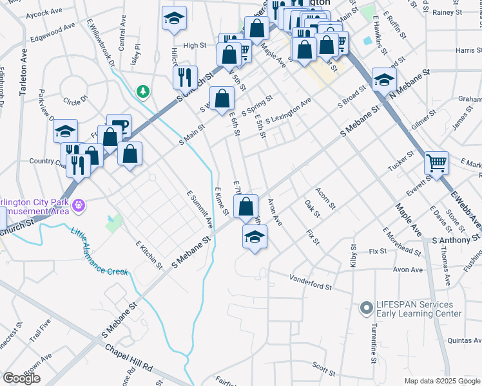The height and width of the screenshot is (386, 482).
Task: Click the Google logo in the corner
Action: pos(22,378)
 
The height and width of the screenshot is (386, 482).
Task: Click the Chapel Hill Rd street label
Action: pos(129,356)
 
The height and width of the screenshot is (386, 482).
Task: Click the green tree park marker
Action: pos(142,92)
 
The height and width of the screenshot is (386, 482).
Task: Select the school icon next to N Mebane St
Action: pos(384,80)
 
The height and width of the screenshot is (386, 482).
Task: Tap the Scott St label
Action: pos(323,369)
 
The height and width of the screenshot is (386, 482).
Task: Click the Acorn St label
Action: pos(325,198)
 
